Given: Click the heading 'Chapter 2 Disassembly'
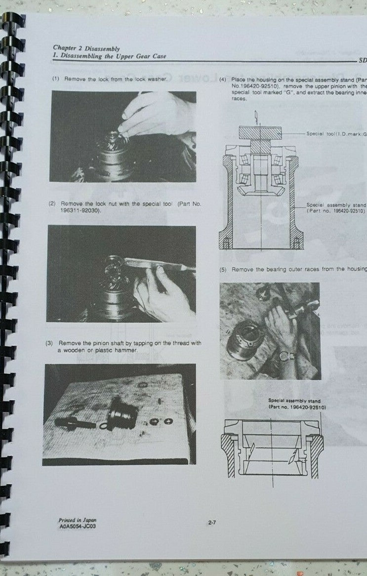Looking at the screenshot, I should point(86,48).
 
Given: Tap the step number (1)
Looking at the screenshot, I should point(56,79).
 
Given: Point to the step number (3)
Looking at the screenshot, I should point(50,343).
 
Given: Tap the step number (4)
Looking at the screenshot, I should point(223,80).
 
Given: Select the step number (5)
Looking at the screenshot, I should point(223,269).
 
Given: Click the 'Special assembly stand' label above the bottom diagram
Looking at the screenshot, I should point(294,401).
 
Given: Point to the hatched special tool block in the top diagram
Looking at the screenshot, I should point(260,132).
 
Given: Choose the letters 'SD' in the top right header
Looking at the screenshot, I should point(362,60).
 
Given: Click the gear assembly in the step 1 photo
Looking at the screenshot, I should point(111,153).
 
